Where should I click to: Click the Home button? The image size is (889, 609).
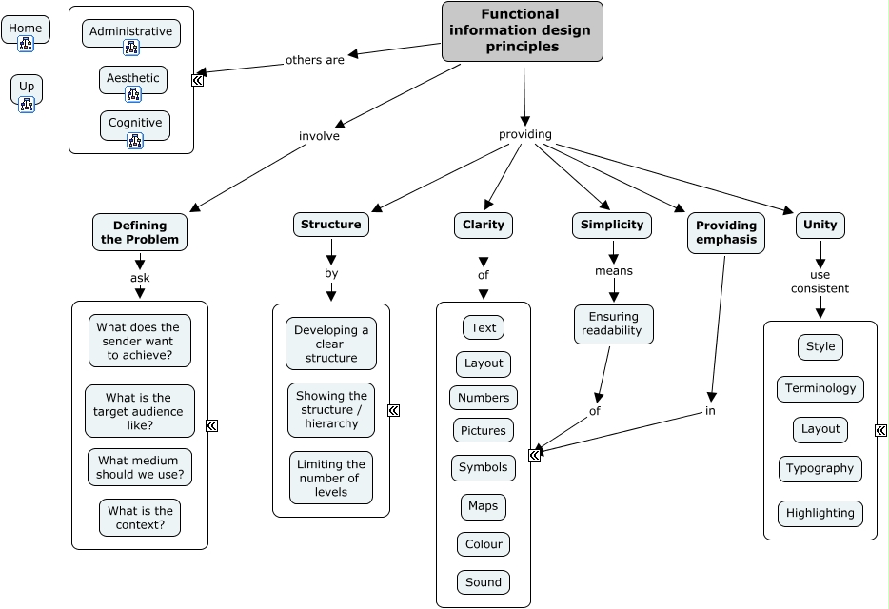pos(26,29)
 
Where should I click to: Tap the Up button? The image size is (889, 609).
pos(27,87)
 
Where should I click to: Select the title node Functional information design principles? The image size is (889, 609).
pos(522,31)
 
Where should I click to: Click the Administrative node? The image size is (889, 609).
pos(130,31)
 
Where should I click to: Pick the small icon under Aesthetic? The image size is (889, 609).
pos(133,94)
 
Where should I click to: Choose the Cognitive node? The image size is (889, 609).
pos(135,123)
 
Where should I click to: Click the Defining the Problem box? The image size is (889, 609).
pos(140,232)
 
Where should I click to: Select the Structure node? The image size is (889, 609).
pos(331,225)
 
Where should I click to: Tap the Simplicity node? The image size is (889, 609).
pos(613,225)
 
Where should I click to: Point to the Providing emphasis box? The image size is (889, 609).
pos(725,232)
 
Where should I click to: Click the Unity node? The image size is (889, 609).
pos(820,225)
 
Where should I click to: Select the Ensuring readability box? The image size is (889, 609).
pos(614,324)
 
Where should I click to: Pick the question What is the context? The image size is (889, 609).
pos(140,518)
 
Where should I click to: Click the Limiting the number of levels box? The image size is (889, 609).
pos(331,478)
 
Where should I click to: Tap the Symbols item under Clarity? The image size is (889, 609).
pos(484,468)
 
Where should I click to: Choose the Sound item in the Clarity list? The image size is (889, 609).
pos(484,582)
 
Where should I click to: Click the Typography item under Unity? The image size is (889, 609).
pos(820,468)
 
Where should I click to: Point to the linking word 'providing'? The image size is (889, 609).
pos(525,134)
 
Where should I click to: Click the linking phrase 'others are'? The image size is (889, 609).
pos(315,60)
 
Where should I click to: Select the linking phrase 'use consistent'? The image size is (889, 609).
pos(820,282)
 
